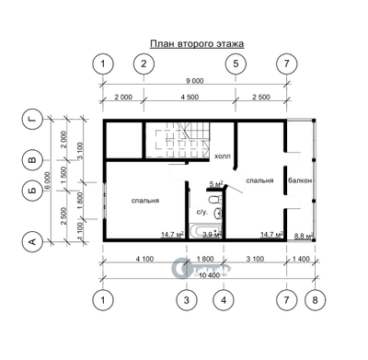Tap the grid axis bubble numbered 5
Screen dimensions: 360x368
(236, 64)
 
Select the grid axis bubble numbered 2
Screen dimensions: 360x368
(143, 64)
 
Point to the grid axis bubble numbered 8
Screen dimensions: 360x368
(315, 300)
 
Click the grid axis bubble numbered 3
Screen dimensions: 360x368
(187, 300)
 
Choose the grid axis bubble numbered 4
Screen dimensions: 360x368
(221, 300)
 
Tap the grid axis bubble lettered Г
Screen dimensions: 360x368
(33, 119)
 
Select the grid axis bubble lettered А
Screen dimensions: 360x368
(33, 241)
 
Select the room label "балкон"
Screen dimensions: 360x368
(300, 180)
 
